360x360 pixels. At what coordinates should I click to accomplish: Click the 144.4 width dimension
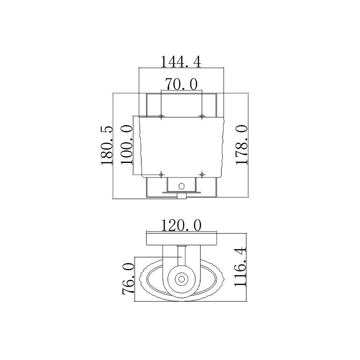coord(181,62)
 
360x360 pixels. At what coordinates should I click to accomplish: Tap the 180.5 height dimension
coord(107,146)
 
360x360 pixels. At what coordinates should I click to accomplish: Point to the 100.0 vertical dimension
coord(127,145)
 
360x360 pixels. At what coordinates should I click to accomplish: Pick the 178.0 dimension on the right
coord(241,145)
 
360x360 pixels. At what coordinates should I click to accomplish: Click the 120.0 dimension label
coord(181,225)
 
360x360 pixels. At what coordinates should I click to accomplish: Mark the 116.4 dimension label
coord(240,267)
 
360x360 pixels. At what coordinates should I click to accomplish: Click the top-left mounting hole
coord(161,116)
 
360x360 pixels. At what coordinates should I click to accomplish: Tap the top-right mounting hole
coord(202,116)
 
